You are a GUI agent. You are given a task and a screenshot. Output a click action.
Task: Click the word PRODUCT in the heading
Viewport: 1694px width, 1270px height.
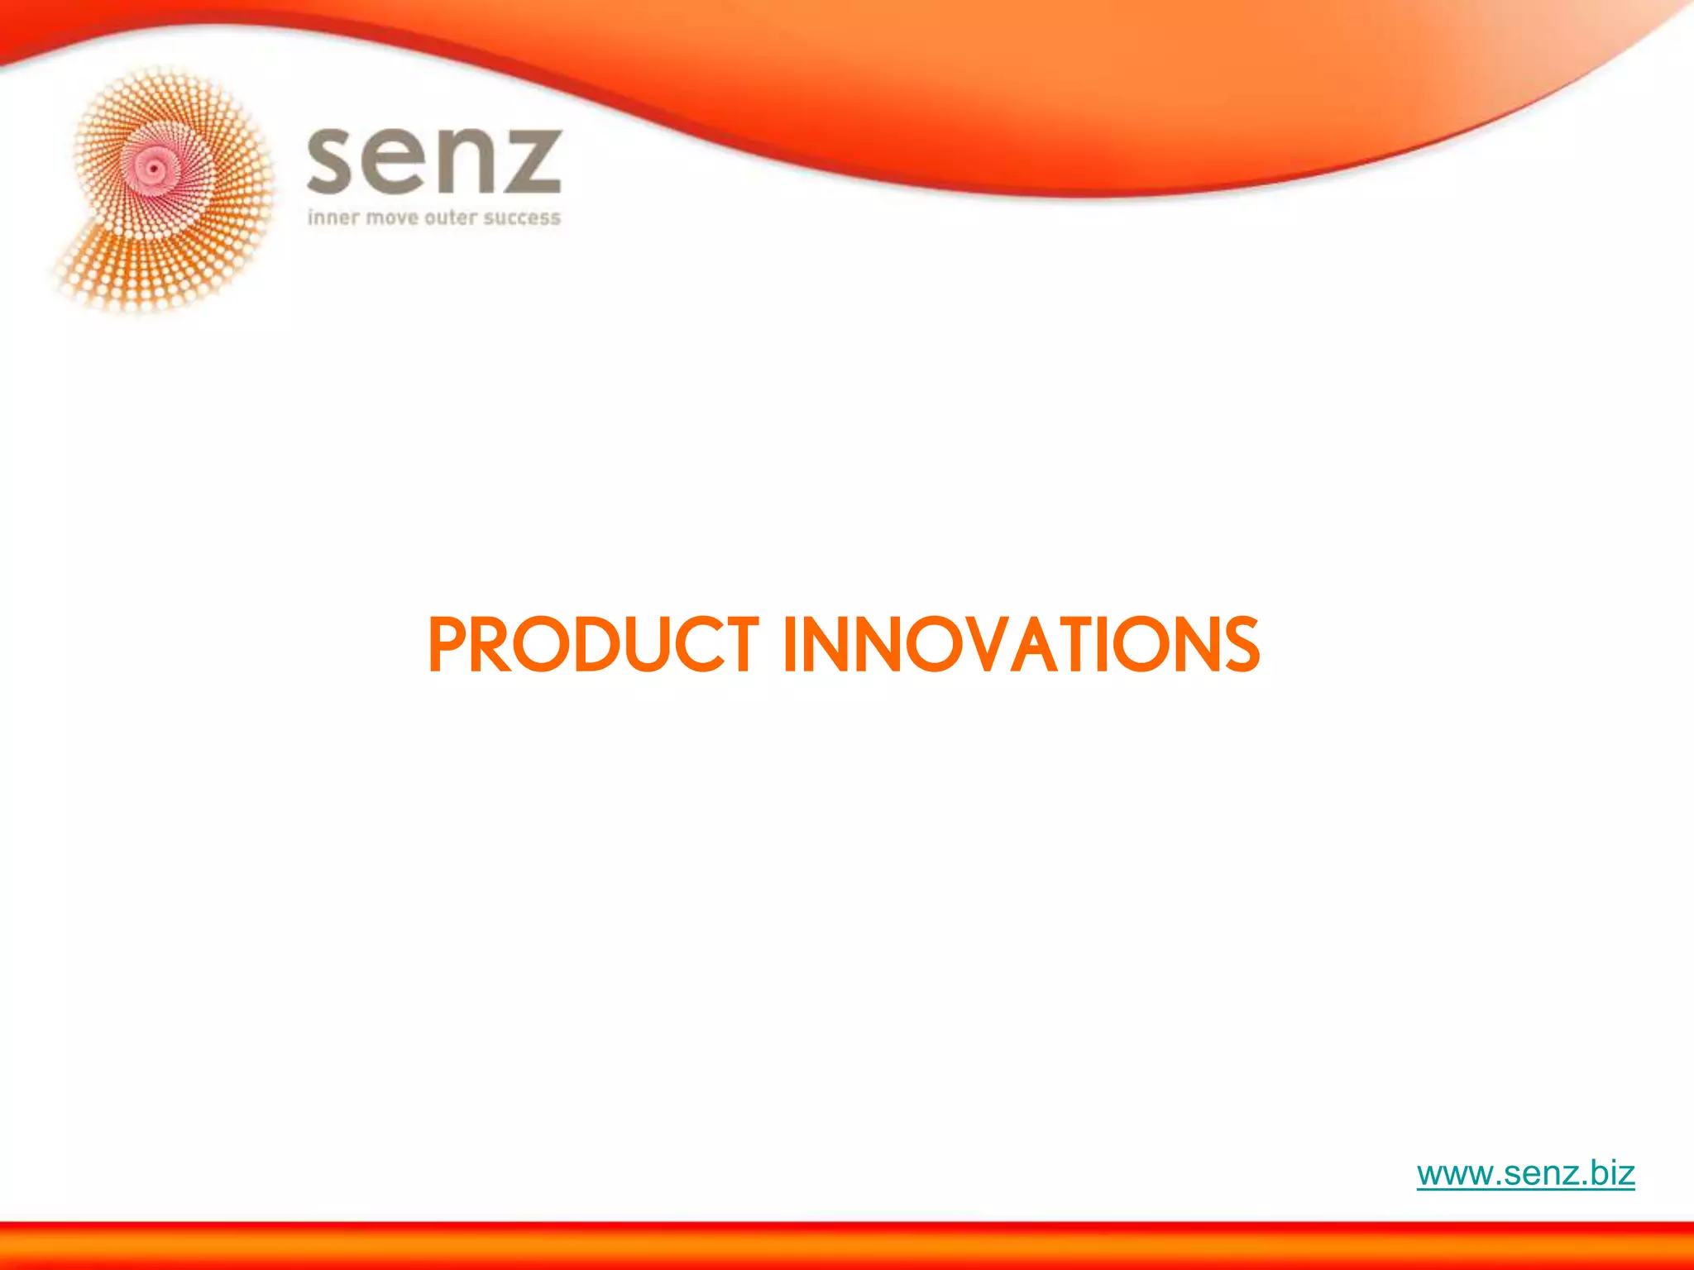(592, 645)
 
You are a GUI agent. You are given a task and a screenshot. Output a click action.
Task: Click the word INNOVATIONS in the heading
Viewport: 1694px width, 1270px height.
(1021, 645)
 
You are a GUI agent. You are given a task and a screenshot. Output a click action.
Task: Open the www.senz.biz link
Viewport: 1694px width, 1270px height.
(1525, 1173)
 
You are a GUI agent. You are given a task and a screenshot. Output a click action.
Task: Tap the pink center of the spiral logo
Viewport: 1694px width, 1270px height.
(155, 168)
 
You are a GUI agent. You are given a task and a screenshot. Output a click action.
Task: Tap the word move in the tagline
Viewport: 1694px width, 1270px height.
(392, 218)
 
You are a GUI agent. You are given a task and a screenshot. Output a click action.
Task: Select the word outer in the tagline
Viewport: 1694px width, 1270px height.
(451, 217)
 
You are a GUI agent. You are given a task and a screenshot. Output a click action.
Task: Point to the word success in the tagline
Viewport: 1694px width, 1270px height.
(522, 218)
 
